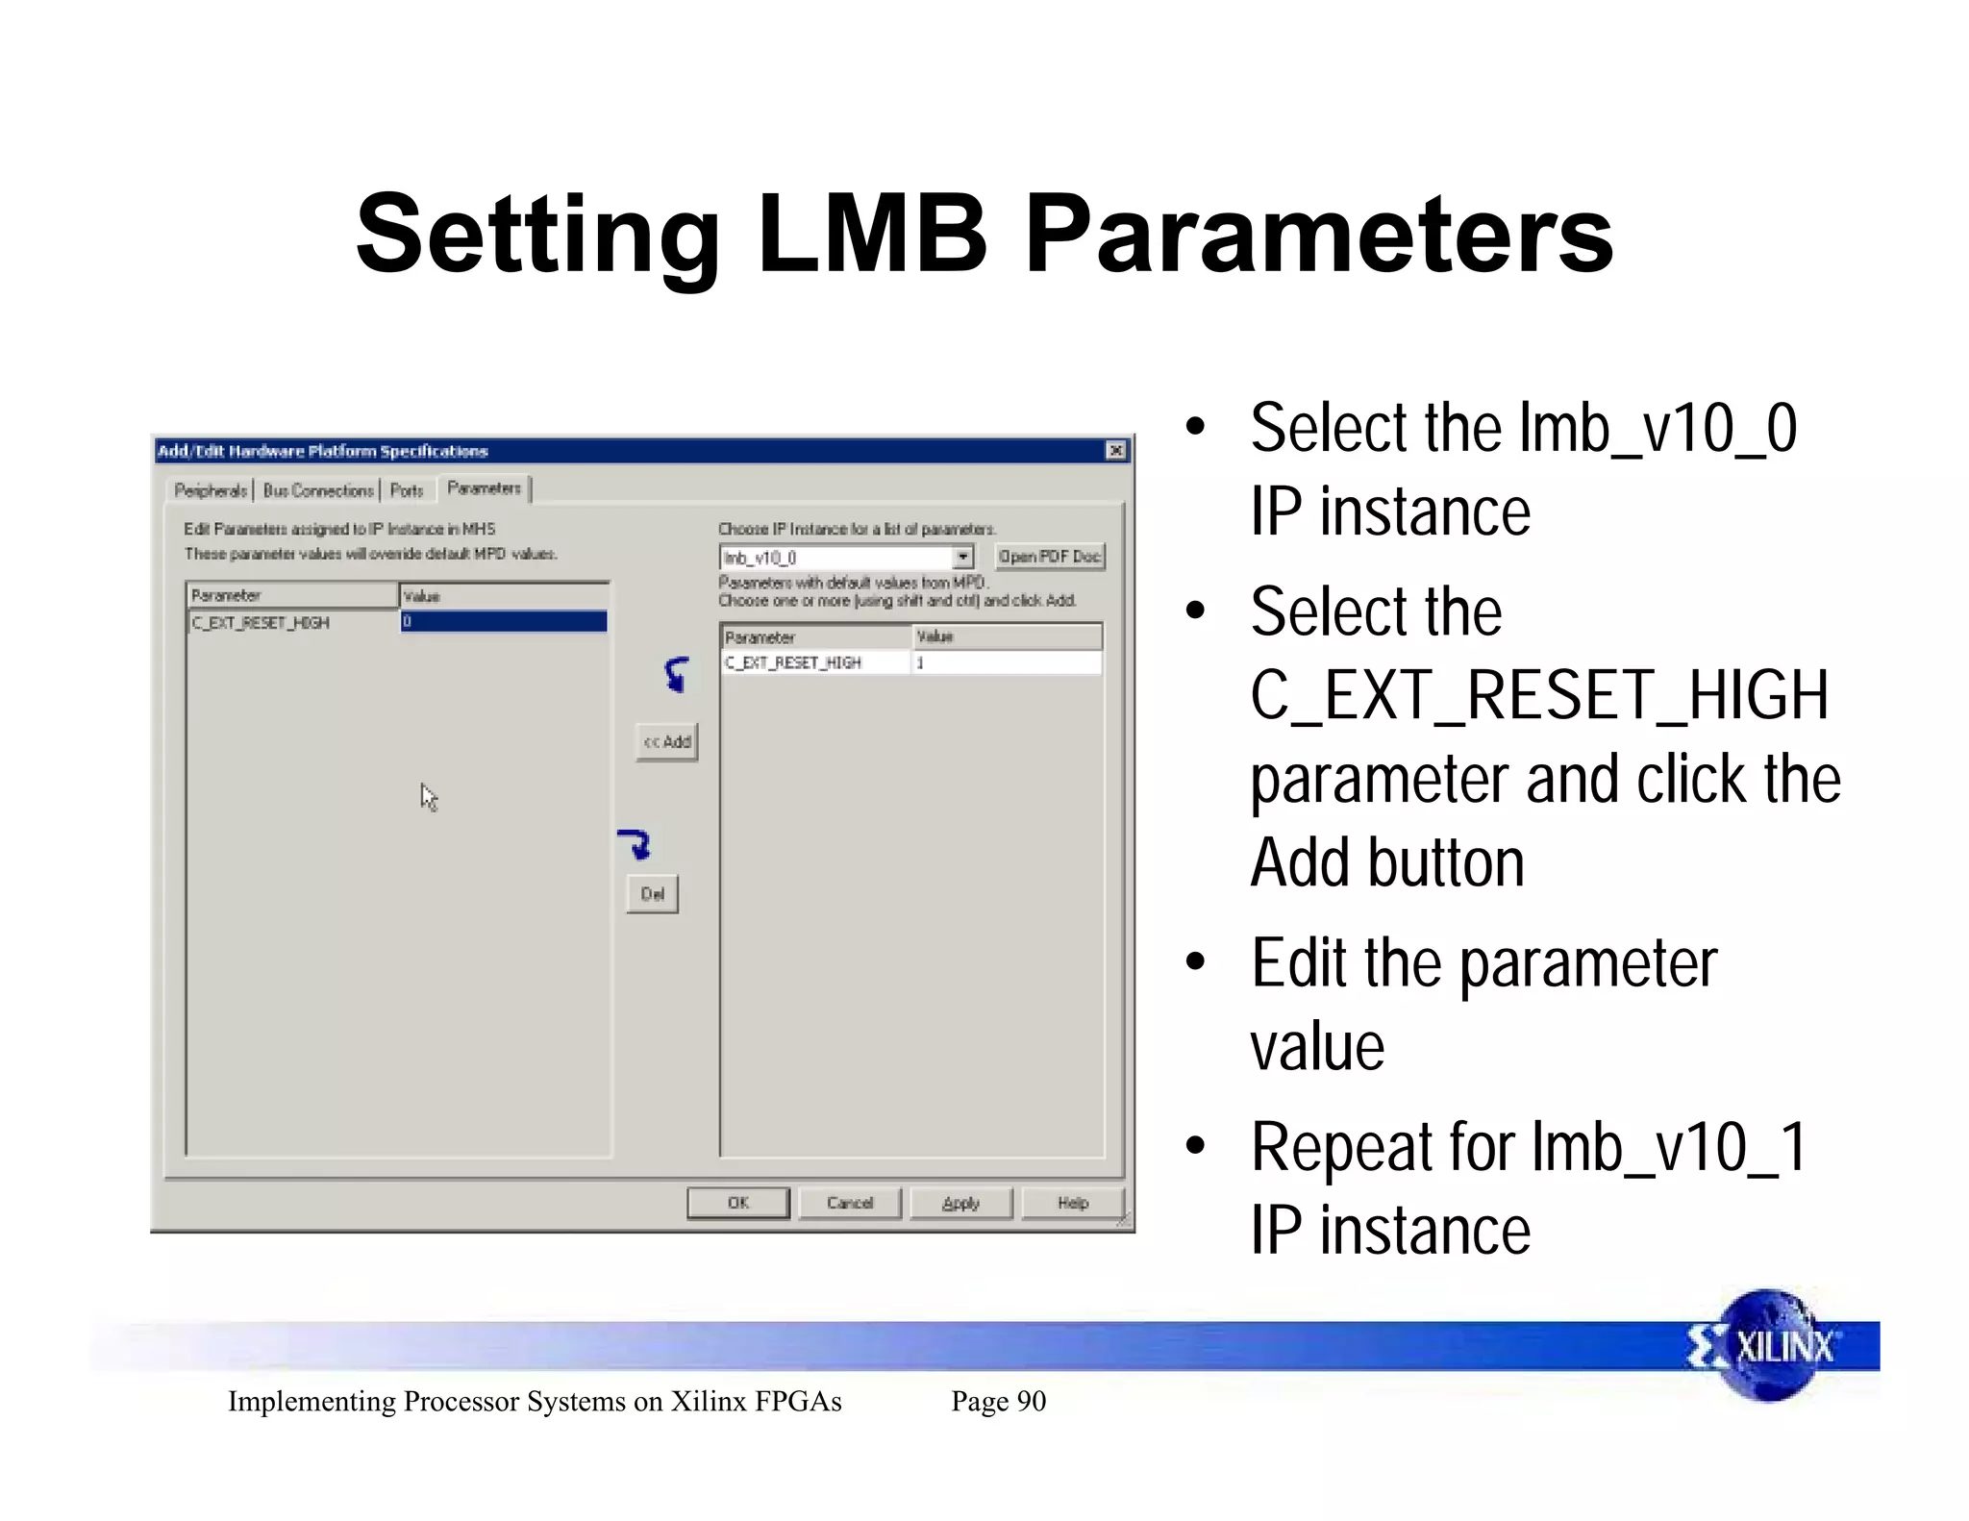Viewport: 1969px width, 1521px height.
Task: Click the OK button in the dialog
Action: pos(737,1203)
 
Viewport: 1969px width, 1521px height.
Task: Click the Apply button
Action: pos(960,1203)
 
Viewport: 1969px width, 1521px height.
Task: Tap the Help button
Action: pos(1072,1203)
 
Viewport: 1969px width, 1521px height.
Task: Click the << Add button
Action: pos(666,742)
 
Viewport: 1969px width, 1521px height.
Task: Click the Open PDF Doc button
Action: pos(1049,557)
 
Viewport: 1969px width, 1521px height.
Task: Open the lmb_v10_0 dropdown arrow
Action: pos(962,558)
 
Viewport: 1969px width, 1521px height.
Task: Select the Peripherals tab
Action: pos(211,490)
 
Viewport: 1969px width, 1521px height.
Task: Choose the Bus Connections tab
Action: pos(318,490)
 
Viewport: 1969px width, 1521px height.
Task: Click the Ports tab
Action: pos(407,490)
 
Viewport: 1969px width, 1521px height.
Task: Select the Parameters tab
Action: pos(484,488)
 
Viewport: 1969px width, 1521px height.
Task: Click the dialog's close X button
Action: pos(1115,451)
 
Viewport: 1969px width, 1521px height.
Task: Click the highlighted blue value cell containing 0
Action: pos(503,622)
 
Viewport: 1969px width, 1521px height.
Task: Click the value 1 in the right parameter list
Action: pos(920,662)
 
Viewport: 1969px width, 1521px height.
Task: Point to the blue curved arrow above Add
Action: pos(677,673)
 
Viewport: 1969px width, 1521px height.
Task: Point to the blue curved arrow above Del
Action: pos(636,842)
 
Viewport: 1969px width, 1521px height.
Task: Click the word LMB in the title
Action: pos(872,234)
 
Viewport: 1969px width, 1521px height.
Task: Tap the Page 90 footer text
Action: pos(998,1401)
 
